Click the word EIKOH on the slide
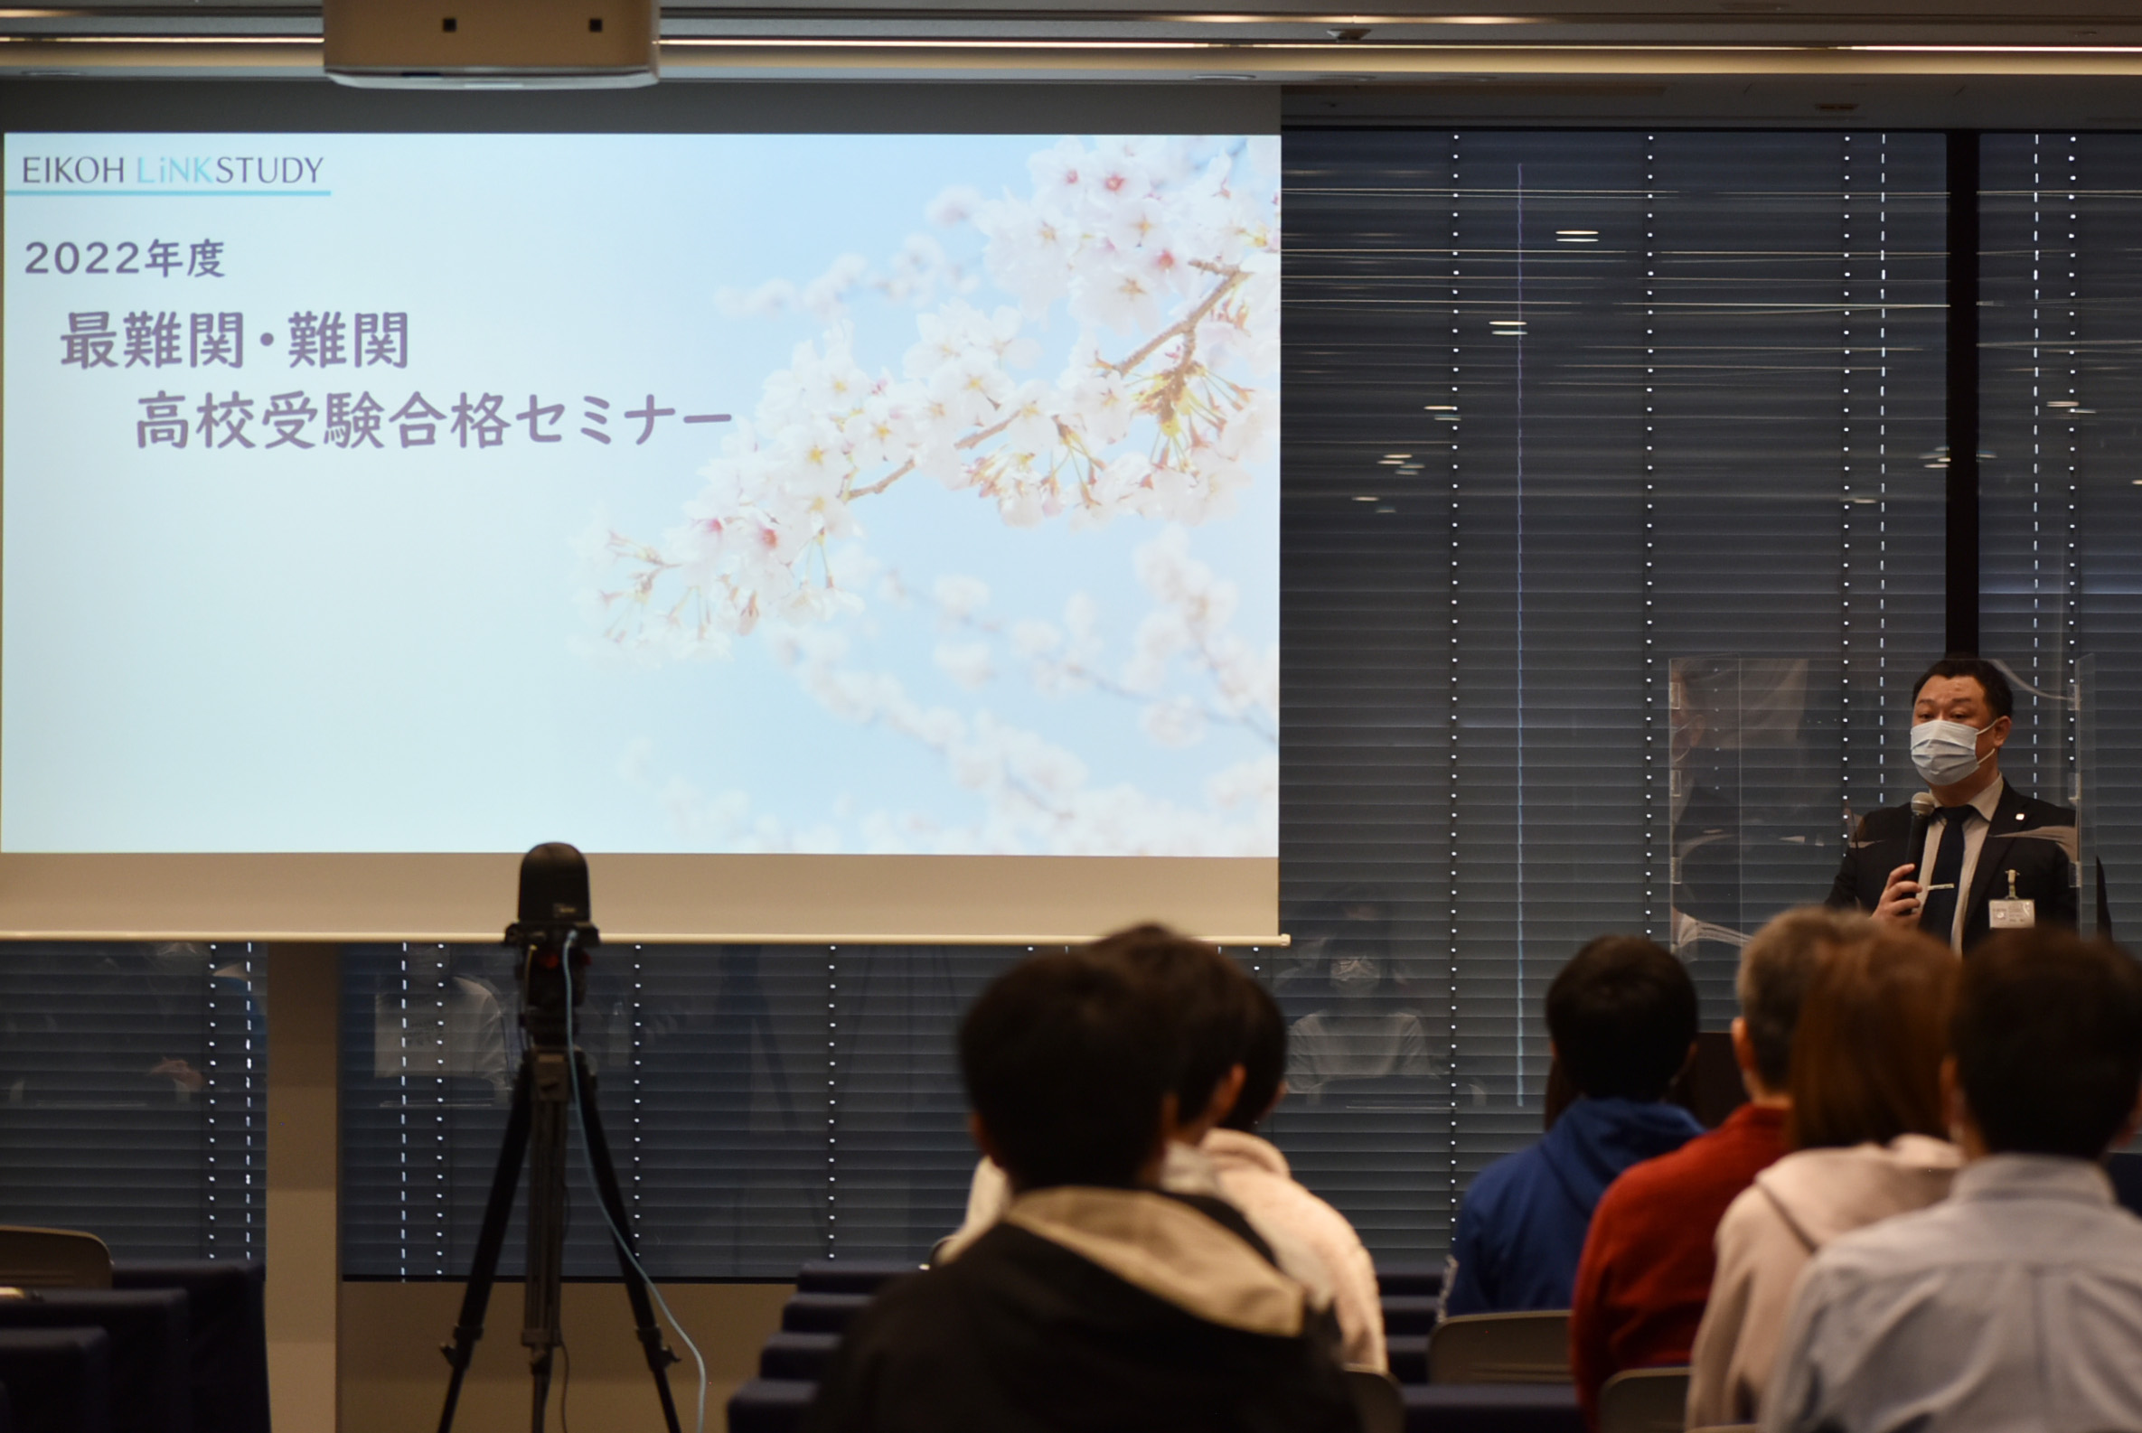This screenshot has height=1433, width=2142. (x=73, y=170)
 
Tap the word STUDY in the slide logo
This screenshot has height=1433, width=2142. (x=269, y=170)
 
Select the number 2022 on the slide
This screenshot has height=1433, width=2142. (x=83, y=258)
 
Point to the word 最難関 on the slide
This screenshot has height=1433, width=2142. (x=153, y=339)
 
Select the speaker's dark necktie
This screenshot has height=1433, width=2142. (x=1948, y=873)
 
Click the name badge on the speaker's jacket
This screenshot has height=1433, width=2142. (x=2011, y=911)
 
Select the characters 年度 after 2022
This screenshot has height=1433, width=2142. (x=185, y=258)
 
